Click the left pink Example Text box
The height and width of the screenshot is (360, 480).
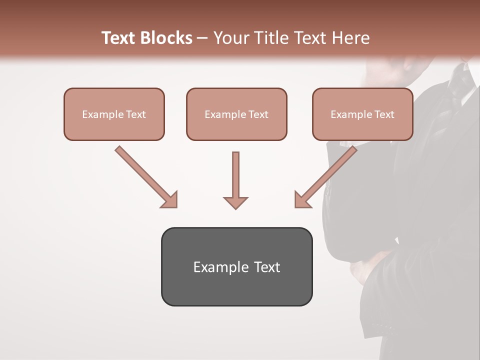[x=114, y=114]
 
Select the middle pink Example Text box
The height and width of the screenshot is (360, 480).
[x=236, y=114]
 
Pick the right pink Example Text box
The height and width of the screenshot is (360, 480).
[x=362, y=114]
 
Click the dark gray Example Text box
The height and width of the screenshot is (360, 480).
[x=236, y=266]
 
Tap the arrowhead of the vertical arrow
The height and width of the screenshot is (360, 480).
[x=235, y=202]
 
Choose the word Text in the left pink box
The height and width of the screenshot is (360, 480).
[x=136, y=114]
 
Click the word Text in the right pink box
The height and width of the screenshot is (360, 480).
[x=384, y=114]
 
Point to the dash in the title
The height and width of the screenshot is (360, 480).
[x=202, y=38]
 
